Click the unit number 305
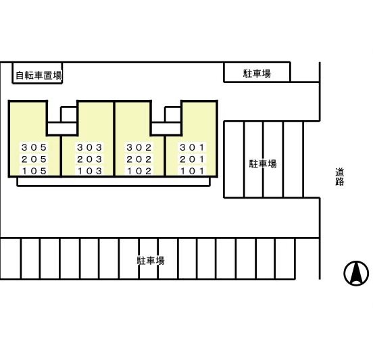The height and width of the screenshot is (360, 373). [x=34, y=147]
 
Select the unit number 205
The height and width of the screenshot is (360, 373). [x=34, y=159]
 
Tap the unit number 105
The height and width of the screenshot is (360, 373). [x=34, y=171]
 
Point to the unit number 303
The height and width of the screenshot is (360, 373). [x=90, y=147]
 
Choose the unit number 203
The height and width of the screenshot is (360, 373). [x=90, y=159]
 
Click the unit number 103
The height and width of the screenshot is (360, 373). [x=90, y=171]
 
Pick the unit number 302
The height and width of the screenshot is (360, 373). [x=139, y=147]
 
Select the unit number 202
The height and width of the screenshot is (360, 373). [x=139, y=159]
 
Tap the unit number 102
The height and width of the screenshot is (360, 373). [x=139, y=171]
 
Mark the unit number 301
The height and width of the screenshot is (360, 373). [x=192, y=147]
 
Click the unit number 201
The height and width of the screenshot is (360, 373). [x=192, y=159]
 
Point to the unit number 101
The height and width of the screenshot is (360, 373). [x=192, y=171]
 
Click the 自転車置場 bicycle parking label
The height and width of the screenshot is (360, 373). [x=39, y=76]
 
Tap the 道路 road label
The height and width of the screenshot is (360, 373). [x=340, y=177]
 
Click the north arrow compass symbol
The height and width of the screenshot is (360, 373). [x=356, y=273]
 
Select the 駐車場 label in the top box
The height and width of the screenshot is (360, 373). [x=257, y=74]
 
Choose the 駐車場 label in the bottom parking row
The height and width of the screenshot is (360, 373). [x=151, y=260]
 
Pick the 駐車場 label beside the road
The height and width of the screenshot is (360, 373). [x=263, y=164]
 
